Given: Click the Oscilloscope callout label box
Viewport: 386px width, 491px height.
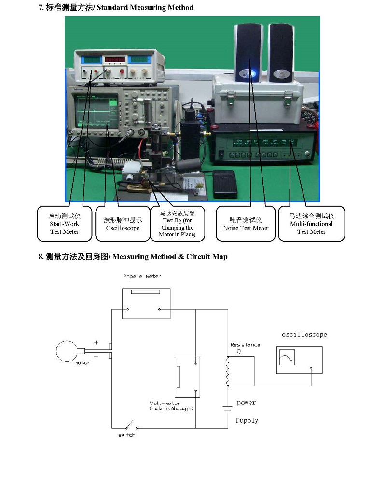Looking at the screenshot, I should click(x=123, y=224).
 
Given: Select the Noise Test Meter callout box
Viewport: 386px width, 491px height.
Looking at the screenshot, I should click(x=246, y=224).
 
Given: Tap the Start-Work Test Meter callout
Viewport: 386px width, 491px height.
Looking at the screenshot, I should click(x=64, y=224).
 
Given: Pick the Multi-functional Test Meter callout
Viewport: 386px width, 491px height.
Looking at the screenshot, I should click(x=311, y=224).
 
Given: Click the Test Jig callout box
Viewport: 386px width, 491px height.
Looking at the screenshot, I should click(x=177, y=224).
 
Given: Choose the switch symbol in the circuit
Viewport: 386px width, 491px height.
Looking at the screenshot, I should click(x=128, y=427).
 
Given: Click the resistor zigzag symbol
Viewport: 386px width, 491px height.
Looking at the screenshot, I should click(x=228, y=372).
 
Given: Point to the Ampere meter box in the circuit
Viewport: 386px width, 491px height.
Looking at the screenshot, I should click(x=146, y=303).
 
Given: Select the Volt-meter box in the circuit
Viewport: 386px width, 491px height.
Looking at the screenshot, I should click(x=187, y=377).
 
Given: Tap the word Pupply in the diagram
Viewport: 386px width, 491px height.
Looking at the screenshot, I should click(x=247, y=420).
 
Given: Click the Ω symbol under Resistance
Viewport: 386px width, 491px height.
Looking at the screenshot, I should click(x=238, y=352).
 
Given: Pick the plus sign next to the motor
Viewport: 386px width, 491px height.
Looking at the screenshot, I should click(x=96, y=342).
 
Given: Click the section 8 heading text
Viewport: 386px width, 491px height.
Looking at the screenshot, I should click(x=133, y=257).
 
